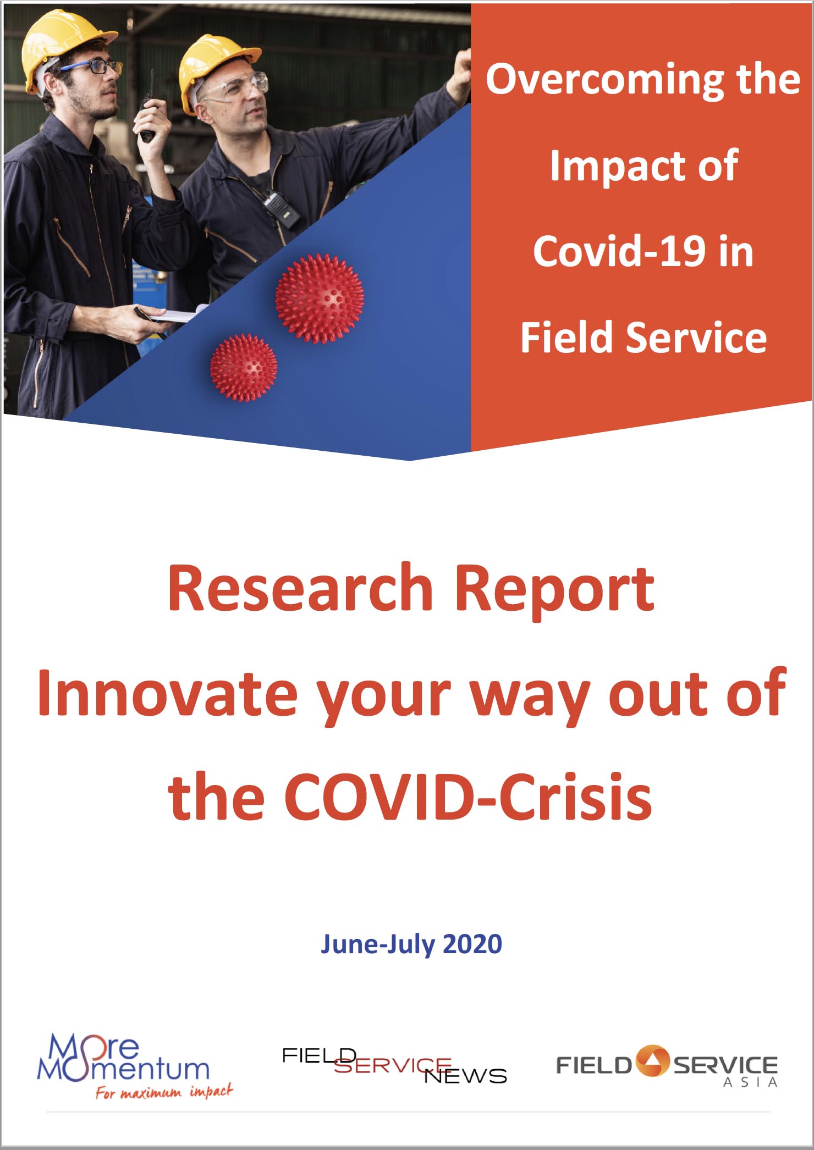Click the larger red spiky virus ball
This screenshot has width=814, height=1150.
coord(319,298)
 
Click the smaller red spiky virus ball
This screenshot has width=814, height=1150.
coord(244,367)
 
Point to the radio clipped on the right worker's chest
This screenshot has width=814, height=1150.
coord(282,209)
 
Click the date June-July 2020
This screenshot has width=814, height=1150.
coord(411,944)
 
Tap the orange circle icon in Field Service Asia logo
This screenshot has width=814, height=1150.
coord(653,1061)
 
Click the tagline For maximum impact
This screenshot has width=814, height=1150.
coord(164,1091)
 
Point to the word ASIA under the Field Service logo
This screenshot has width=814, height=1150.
coord(750,1082)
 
